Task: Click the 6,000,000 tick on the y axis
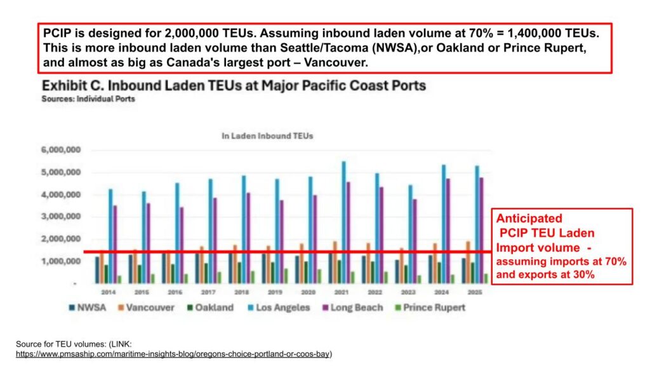pos(62,150)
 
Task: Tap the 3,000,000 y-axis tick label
pos(62,217)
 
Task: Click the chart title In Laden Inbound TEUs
pos(267,135)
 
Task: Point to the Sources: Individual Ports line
pos(88,99)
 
